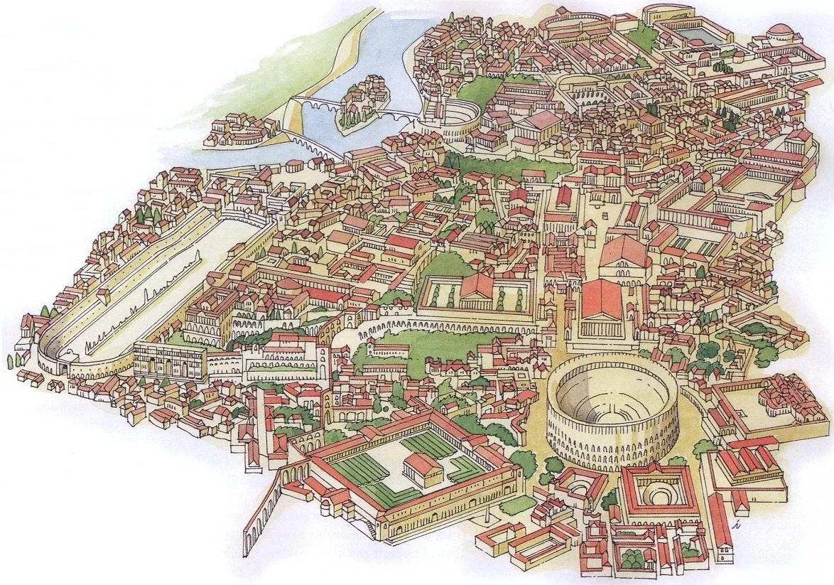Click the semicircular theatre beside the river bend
455,119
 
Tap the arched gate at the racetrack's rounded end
67,369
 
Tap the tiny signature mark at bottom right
739,525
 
